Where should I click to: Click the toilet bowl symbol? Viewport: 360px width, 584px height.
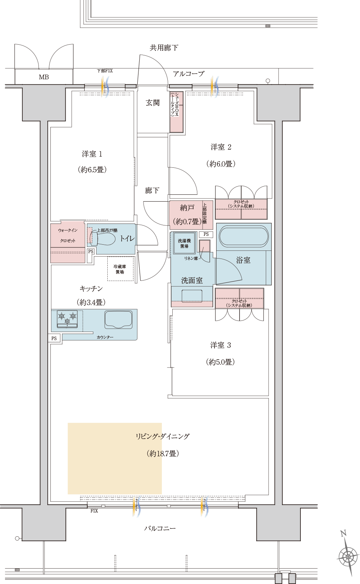click(103, 238)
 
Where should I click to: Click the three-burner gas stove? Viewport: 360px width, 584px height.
click(67, 319)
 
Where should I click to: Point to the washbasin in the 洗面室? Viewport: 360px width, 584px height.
click(192, 296)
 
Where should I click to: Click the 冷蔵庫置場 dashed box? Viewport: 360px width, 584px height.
click(120, 269)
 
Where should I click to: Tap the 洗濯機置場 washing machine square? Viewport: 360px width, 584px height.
click(184, 243)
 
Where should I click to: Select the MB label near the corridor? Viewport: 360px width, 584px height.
click(44, 77)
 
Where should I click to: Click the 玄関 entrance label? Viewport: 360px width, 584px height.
click(152, 103)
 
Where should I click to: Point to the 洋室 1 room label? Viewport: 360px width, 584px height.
click(92, 154)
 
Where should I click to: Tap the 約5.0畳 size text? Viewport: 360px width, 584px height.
click(220, 362)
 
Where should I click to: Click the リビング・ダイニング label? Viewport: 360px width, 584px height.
click(163, 436)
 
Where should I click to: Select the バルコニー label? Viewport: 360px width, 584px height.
click(160, 529)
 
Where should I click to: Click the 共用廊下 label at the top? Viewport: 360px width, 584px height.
click(164, 48)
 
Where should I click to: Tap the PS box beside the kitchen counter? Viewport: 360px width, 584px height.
click(54, 339)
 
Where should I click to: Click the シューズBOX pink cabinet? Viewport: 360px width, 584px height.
click(177, 112)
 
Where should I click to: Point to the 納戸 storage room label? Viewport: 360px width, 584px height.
click(187, 208)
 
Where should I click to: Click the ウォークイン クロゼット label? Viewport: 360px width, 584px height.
click(68, 235)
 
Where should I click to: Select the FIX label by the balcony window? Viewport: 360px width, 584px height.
click(94, 511)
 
